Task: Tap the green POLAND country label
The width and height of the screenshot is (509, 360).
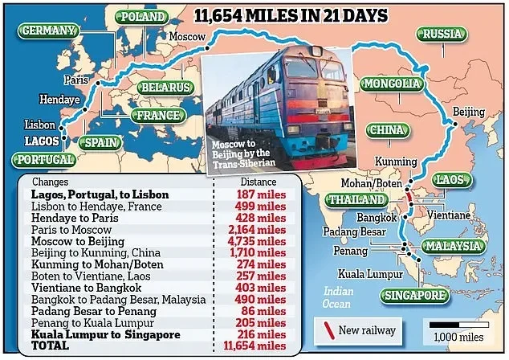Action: click(x=142, y=16)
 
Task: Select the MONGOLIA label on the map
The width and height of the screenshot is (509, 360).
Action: click(x=391, y=84)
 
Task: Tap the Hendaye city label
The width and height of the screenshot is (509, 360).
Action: click(x=56, y=99)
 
